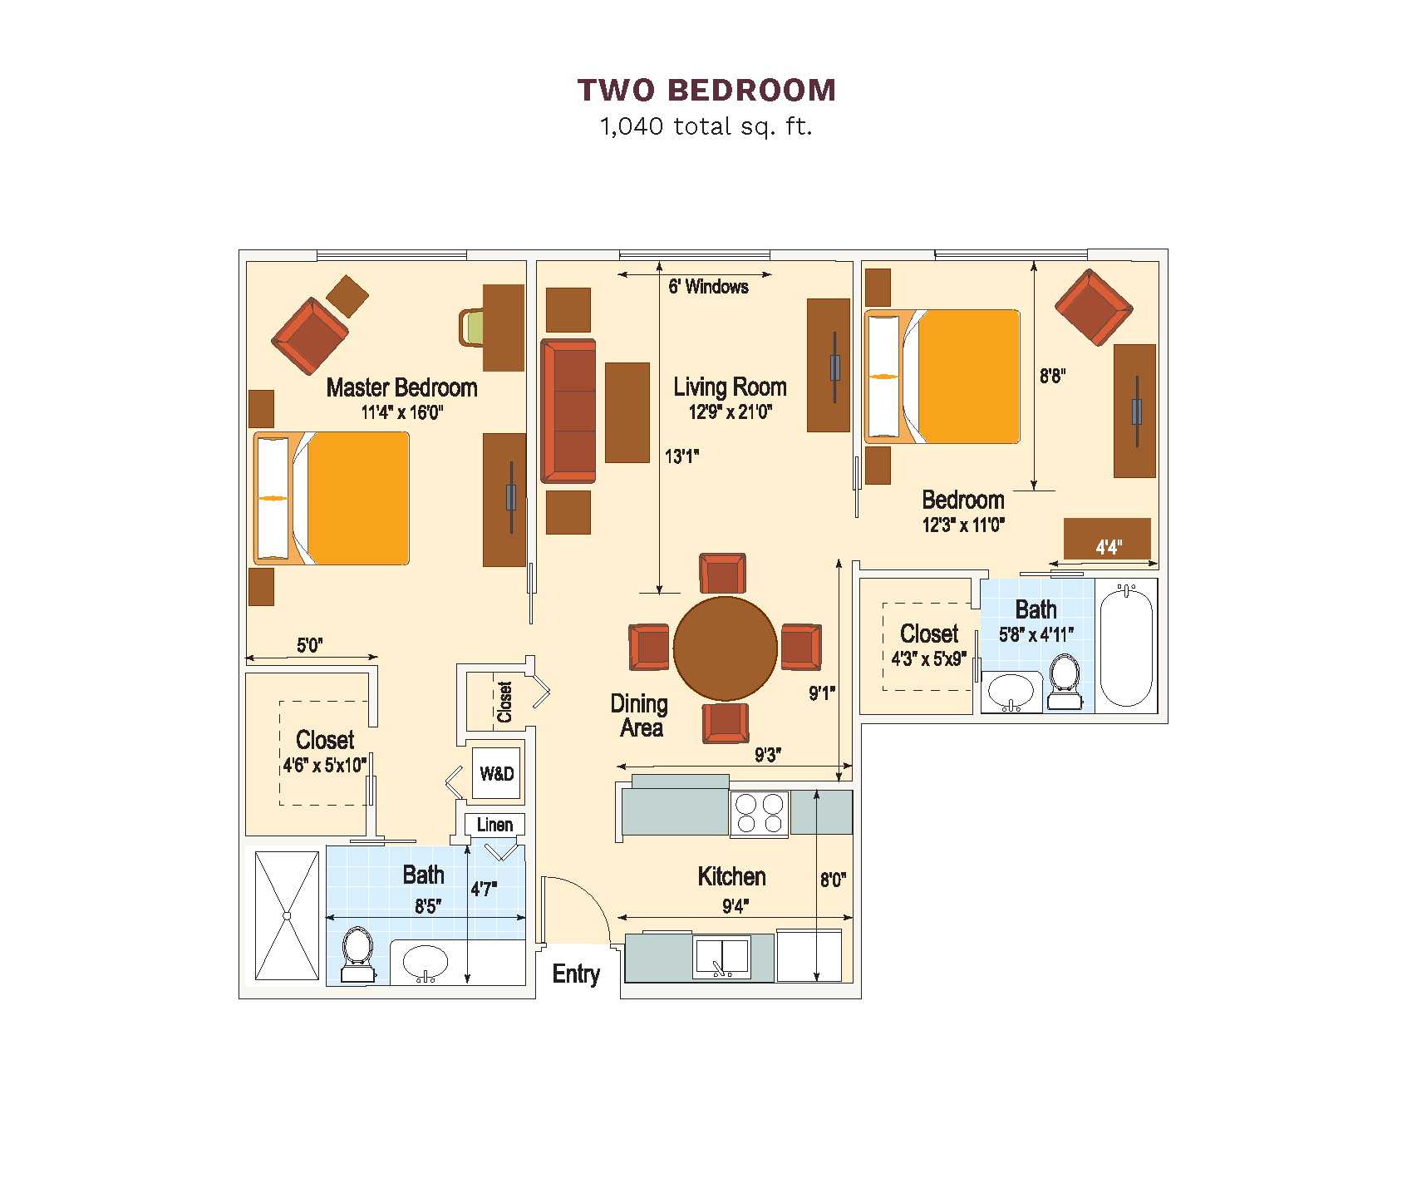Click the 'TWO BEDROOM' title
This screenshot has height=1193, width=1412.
706,90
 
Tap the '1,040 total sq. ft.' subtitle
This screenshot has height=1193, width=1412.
706,126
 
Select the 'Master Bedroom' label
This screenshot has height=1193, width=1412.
401,387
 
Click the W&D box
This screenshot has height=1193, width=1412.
496,773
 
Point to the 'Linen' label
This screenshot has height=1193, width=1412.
494,825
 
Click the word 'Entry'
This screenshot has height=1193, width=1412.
576,974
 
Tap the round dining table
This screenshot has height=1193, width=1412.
726,648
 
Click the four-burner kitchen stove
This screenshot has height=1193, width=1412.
760,813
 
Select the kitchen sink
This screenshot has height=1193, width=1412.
721,958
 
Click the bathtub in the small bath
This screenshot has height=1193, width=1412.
1126,646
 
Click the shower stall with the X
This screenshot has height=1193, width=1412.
287,915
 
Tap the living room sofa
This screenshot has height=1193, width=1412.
568,411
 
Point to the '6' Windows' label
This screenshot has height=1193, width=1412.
708,287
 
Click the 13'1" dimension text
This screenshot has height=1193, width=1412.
681,456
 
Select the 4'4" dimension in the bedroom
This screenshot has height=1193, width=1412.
1109,547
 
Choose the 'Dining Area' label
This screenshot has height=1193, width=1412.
640,716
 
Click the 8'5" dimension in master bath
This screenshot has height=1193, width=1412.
428,906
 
